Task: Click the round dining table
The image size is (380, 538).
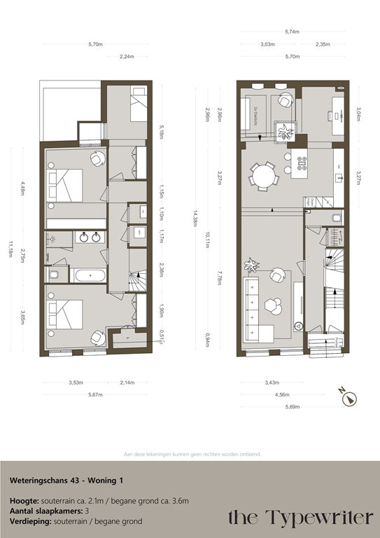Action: [x=265, y=176]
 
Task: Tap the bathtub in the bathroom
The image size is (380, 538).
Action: [x=90, y=275]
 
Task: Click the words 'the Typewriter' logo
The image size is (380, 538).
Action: [x=300, y=518]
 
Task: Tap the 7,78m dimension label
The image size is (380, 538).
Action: [x=220, y=278]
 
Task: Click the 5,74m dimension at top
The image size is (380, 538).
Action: [x=291, y=32]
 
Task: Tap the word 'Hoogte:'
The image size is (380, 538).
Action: [x=24, y=502]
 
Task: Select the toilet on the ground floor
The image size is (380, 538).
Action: [x=336, y=219]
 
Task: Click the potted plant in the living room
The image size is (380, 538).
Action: [x=251, y=265]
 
